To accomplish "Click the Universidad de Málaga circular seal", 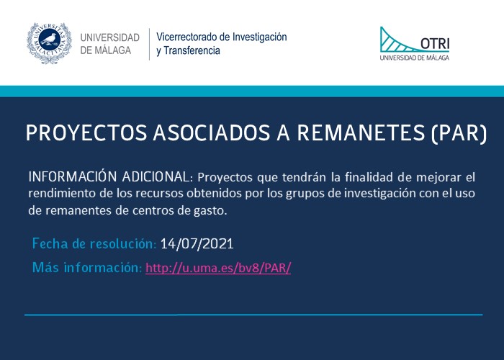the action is point(49,43).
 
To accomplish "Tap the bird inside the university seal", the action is point(49,39).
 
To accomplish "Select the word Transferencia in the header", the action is point(192,50).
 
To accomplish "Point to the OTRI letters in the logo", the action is point(435,43).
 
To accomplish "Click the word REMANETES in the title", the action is point(361,132).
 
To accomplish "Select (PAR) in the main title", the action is point(459,133).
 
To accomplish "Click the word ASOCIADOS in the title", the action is point(212,132).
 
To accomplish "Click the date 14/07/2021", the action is point(197,243).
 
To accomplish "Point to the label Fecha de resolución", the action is point(94,243).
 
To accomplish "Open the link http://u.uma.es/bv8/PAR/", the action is point(218,268).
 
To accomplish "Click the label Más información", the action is point(87,267).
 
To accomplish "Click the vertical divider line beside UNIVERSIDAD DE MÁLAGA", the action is point(150,44).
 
